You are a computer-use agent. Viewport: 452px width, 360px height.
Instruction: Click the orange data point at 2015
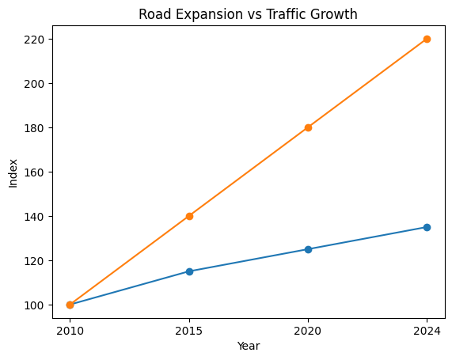pyautogui.click(x=189, y=216)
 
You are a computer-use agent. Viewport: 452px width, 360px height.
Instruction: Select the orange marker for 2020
pyautogui.click(x=308, y=127)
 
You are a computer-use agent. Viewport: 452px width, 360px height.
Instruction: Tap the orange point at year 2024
pyautogui.click(x=427, y=39)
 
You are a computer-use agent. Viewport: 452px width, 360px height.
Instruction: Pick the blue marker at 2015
pyautogui.click(x=189, y=271)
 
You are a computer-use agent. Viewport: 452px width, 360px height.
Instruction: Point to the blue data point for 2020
pyautogui.click(x=308, y=249)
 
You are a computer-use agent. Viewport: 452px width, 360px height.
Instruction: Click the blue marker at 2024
pyautogui.click(x=427, y=227)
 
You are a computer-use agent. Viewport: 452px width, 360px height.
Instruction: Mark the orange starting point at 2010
pyautogui.click(x=70, y=305)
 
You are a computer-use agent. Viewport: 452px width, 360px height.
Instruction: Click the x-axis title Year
pyautogui.click(x=249, y=346)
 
